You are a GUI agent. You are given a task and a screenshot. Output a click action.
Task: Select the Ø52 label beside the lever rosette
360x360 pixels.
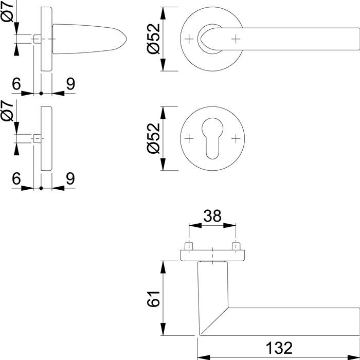point(154,39)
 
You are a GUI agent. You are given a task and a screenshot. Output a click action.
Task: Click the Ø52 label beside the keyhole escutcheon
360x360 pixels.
point(154,139)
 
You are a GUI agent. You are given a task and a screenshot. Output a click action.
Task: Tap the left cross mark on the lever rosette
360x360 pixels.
point(189,39)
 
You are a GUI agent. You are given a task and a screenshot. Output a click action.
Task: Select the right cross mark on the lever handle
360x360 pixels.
point(236,39)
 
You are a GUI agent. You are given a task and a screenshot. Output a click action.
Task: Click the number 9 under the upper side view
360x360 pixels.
point(70,84)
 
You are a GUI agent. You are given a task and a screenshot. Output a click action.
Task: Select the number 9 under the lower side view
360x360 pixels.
point(70,178)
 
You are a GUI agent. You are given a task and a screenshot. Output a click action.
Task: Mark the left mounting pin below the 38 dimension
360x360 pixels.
point(189,247)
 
